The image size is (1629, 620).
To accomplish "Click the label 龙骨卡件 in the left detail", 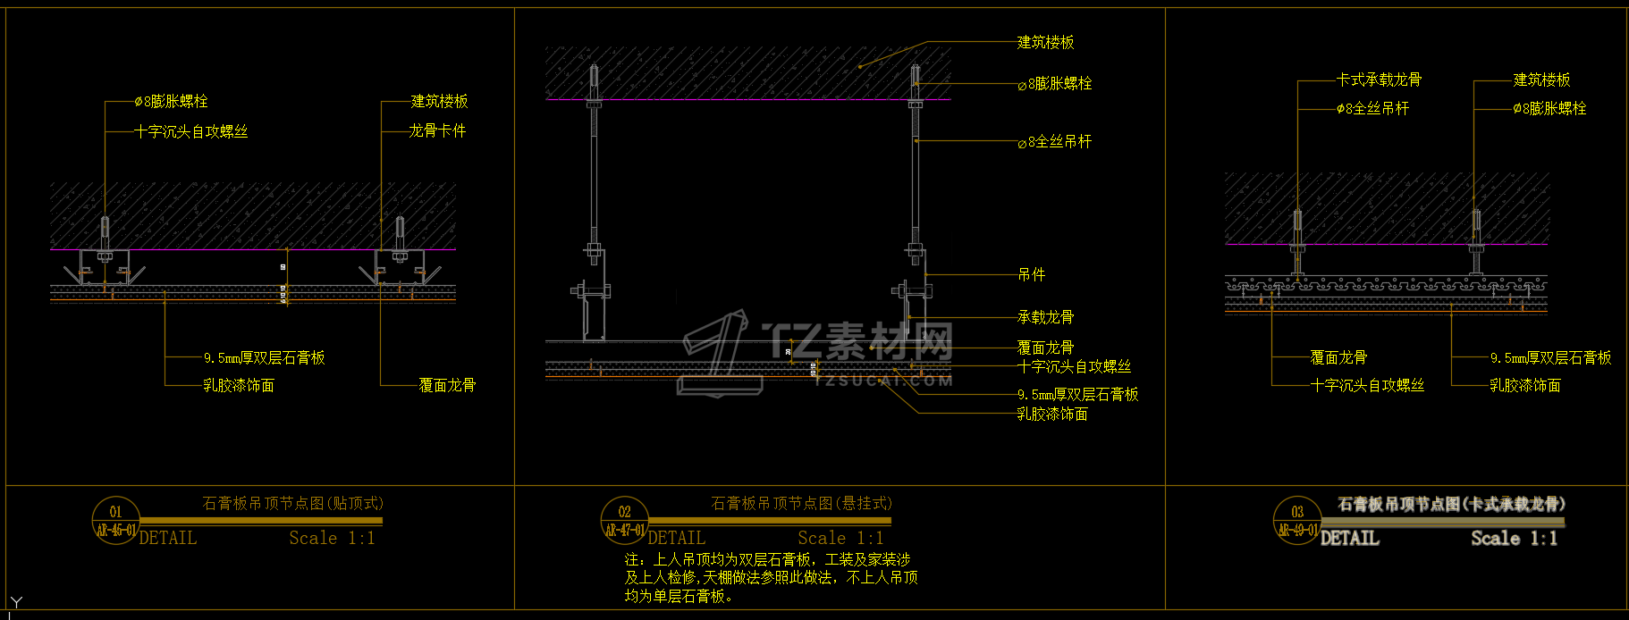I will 437,130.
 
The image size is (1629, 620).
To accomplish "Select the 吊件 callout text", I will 1031,274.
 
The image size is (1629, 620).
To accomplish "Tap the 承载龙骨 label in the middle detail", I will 1045,317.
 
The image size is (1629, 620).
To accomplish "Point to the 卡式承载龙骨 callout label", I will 1379,80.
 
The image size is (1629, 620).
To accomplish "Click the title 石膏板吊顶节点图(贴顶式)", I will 292,504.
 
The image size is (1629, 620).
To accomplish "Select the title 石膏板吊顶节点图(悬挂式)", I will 801,504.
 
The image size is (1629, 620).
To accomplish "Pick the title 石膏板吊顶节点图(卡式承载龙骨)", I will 1450,505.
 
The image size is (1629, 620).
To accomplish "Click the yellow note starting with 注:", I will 771,577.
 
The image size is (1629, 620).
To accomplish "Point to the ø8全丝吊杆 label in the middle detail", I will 1055,141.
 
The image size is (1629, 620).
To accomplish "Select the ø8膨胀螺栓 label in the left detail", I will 171,102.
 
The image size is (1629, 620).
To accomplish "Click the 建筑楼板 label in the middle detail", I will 1045,42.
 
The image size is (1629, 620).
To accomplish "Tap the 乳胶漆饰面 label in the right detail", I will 1524,385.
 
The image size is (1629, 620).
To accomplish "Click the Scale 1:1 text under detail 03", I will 1514,538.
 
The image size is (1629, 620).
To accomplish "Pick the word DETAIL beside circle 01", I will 168,538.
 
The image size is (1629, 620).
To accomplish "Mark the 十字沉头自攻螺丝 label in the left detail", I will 190,131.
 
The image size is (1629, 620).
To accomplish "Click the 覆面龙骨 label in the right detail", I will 1338,357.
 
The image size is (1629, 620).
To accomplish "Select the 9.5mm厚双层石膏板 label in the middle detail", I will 1077,394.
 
